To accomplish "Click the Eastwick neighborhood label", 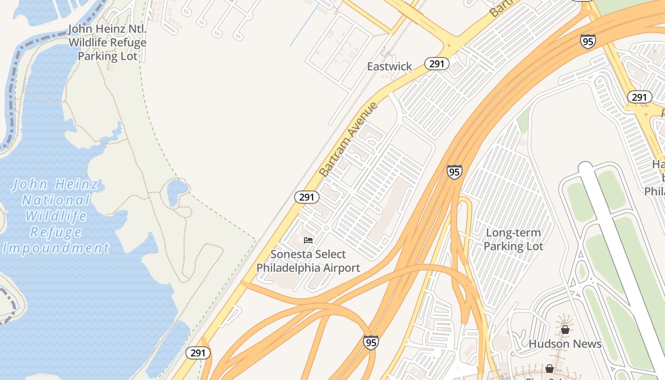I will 389,66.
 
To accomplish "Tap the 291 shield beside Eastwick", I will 437,64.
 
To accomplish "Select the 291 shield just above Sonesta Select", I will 306,197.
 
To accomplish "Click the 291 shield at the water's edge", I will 198,353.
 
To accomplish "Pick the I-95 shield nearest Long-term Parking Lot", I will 454,171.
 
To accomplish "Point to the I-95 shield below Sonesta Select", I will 371,342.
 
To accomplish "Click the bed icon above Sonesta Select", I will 308,240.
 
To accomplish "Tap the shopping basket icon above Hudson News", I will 565,329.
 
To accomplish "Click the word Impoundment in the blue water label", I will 56,248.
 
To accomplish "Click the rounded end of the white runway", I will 586,168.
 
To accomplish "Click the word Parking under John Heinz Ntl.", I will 96,56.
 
